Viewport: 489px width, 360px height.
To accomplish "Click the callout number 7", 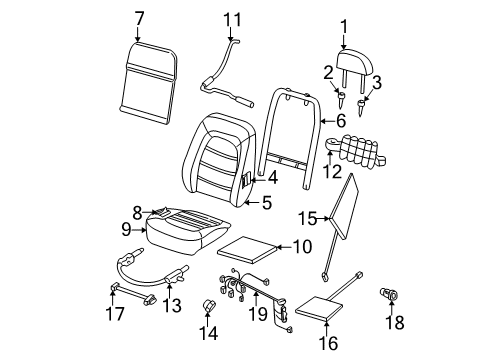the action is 139,19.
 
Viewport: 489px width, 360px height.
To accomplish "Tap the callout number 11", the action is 232,20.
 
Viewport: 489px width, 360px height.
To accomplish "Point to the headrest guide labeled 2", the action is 341,99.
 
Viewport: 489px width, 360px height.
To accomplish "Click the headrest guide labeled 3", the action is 361,107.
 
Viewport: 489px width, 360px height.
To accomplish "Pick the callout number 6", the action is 341,120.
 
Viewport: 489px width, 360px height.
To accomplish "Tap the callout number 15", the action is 307,219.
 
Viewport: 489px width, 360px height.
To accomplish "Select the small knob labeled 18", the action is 388,294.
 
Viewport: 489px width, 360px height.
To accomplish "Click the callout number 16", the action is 328,343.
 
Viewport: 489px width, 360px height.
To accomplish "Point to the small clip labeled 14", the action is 209,306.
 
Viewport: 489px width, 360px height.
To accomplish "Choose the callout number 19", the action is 258,314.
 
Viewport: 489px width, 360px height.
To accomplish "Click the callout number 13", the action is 172,305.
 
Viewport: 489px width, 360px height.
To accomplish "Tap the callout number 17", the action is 115,314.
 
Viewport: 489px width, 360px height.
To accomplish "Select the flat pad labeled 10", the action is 248,250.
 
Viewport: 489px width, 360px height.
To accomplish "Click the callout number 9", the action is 126,230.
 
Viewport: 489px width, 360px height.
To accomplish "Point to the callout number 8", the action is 137,213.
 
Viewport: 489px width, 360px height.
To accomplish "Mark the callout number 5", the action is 267,202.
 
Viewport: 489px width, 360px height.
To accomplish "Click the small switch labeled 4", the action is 246,180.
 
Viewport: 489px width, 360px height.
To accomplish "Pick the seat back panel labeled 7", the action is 148,83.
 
